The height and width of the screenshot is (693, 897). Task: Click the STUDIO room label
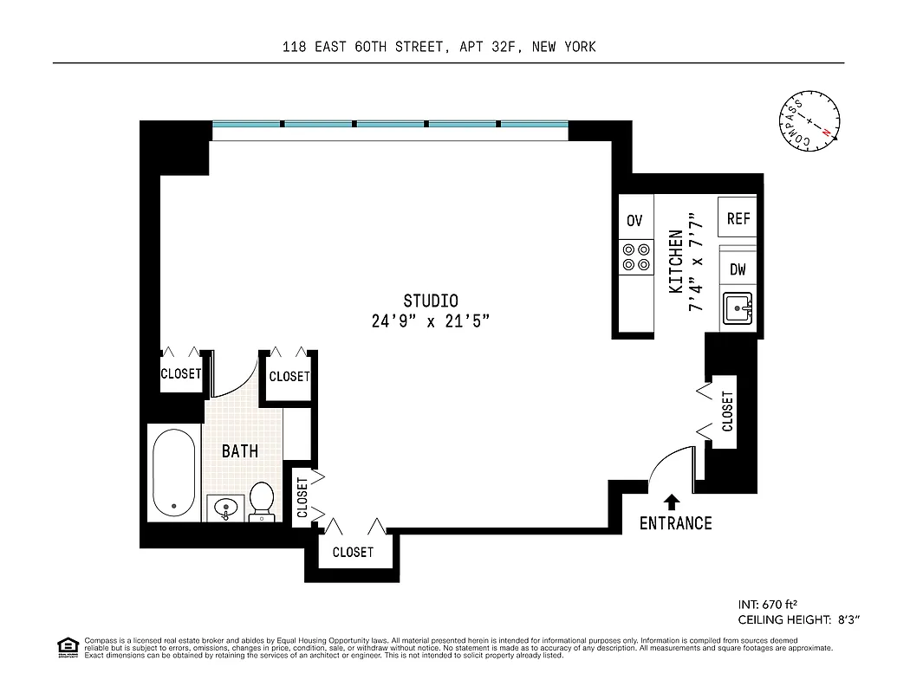coord(431,301)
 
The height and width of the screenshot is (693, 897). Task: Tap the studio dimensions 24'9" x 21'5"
coord(431,321)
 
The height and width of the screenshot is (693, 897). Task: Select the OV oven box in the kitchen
coord(634,221)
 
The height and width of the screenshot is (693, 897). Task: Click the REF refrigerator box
coord(738,219)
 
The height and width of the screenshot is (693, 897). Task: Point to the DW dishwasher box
coord(738,269)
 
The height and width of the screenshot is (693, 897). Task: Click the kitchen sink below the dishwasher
coord(739,308)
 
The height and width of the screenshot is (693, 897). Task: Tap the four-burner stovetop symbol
coord(635,257)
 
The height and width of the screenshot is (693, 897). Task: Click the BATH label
coord(240,451)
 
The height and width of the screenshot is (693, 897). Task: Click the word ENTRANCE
coord(675,523)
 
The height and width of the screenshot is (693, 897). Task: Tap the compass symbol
coord(809,125)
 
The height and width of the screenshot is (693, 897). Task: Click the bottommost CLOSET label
coord(353,552)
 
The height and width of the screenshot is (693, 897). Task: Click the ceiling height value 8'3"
coord(853,620)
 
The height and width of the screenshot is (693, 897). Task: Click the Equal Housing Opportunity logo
coord(67,645)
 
